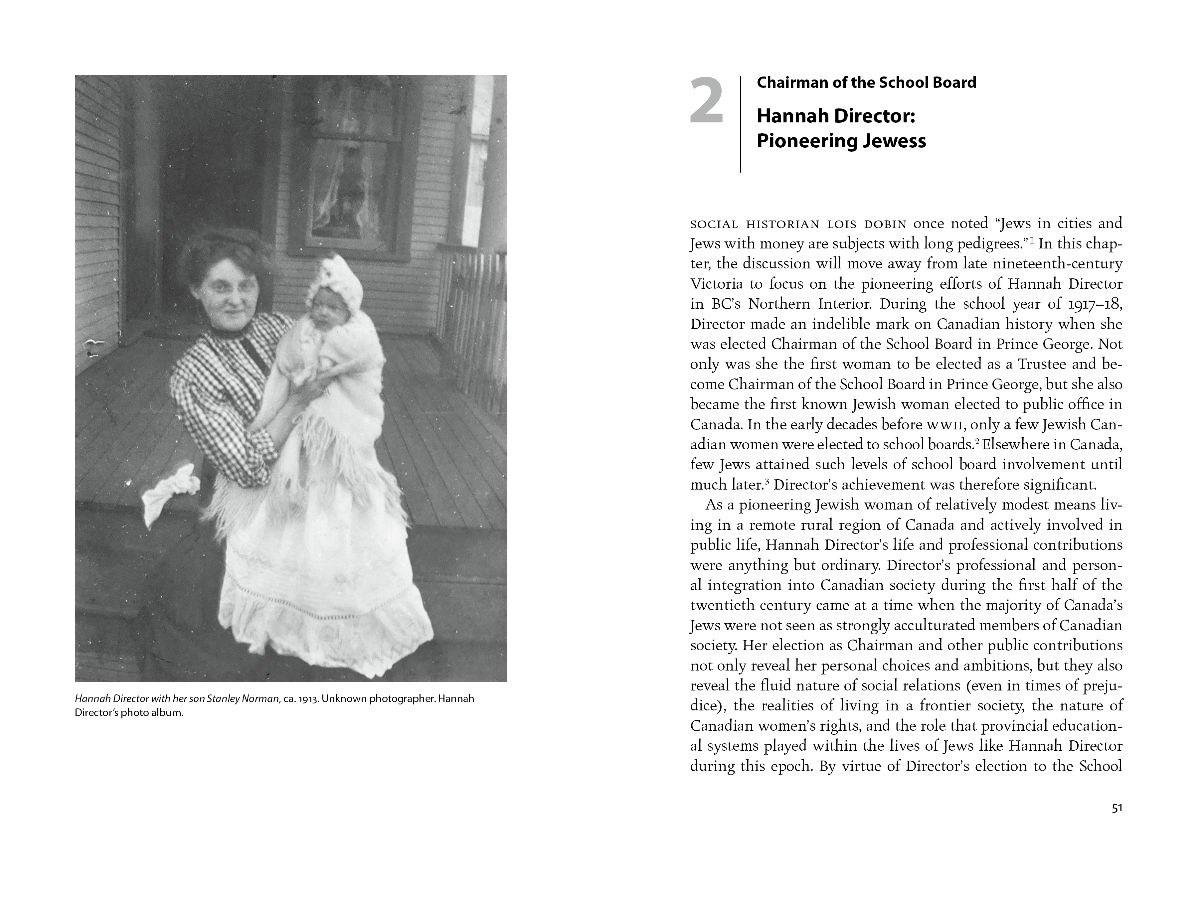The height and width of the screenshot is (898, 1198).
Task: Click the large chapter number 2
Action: tap(707, 101)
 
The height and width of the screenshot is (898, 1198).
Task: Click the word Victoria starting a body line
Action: tap(716, 284)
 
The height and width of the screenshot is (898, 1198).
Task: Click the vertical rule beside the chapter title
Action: tap(740, 124)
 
